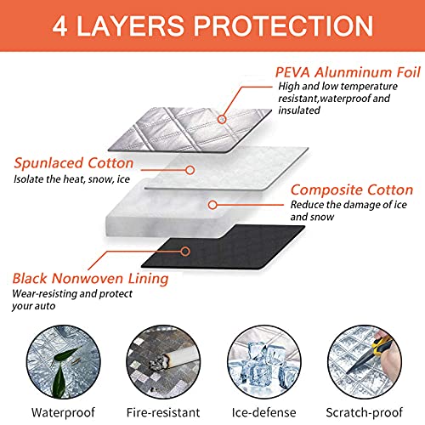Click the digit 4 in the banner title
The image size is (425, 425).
click(x=60, y=26)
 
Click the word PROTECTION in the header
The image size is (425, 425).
click(x=283, y=26)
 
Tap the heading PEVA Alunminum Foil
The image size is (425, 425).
click(x=348, y=72)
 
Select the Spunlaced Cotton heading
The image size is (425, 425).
click(x=74, y=163)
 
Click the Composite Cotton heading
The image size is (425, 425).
click(x=352, y=190)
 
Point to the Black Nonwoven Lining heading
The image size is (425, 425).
click(x=90, y=279)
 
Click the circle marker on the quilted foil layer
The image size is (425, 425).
click(x=223, y=119)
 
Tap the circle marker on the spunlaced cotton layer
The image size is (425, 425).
click(x=190, y=170)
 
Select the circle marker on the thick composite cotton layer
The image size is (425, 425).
click(x=212, y=205)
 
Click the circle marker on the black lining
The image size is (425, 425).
click(x=185, y=252)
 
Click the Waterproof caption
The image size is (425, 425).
click(x=63, y=412)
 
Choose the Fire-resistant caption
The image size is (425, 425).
click(x=163, y=412)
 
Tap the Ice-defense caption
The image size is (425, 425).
click(x=263, y=412)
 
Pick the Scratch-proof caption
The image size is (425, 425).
click(x=365, y=412)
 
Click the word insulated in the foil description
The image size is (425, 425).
click(x=299, y=110)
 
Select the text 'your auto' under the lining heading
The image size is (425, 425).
click(x=34, y=306)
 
